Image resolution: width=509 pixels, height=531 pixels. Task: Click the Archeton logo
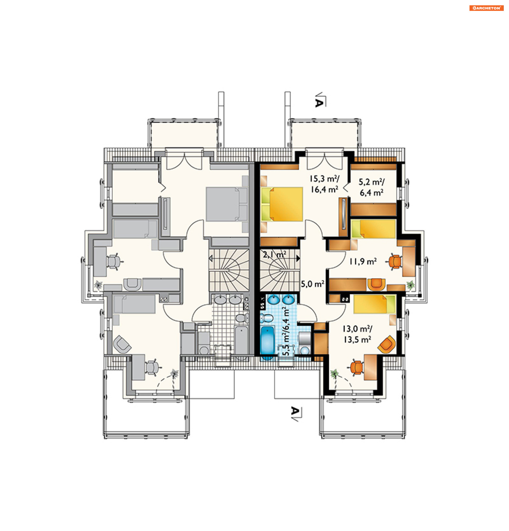tap(486, 8)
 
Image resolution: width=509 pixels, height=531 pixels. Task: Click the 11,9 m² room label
tap(363, 262)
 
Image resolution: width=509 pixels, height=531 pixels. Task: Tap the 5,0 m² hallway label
tap(313, 284)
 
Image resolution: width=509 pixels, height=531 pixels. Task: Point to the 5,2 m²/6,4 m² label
tap(371, 187)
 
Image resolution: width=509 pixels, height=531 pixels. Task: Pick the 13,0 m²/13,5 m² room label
tap(357, 334)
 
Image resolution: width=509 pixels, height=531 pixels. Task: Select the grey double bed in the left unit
tap(227, 204)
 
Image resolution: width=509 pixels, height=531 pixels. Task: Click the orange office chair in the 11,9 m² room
tap(395, 262)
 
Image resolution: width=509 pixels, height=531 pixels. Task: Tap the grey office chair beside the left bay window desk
tap(114, 262)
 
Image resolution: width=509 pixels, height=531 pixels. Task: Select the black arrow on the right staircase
tap(298, 258)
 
